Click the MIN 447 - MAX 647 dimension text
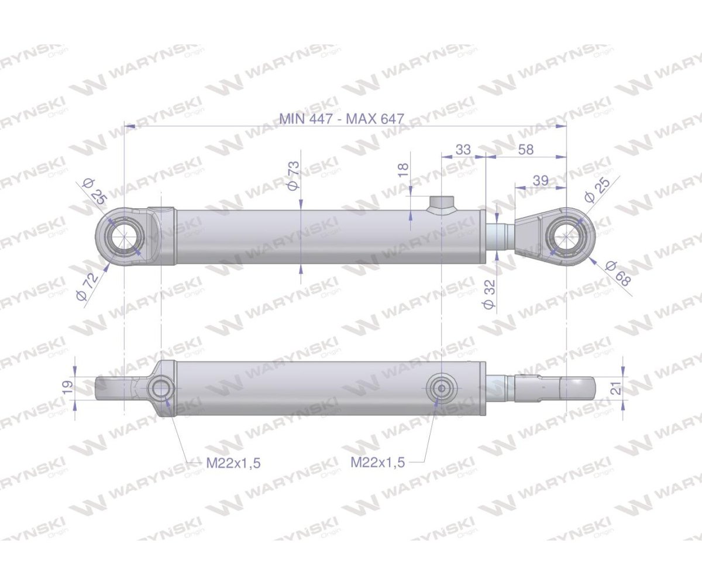[x=342, y=118]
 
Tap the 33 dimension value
[x=463, y=150]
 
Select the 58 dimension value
[x=525, y=150]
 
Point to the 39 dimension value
[x=541, y=181]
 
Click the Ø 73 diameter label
[x=294, y=175]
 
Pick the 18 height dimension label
[x=403, y=171]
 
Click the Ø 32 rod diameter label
[x=489, y=294]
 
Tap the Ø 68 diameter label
[x=619, y=274]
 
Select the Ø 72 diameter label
[x=88, y=287]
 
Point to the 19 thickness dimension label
[x=67, y=387]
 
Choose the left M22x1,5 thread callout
[x=233, y=463]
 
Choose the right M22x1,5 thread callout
[x=377, y=463]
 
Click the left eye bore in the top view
[x=125, y=238]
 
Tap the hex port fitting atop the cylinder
[x=442, y=205]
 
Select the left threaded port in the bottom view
[x=160, y=388]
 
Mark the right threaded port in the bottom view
[x=440, y=387]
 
